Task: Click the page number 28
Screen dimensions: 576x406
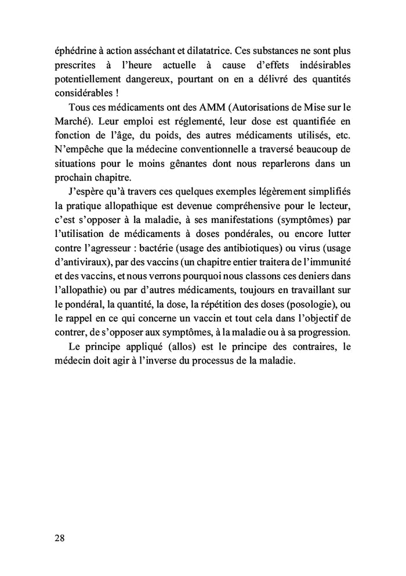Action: click(59, 537)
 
